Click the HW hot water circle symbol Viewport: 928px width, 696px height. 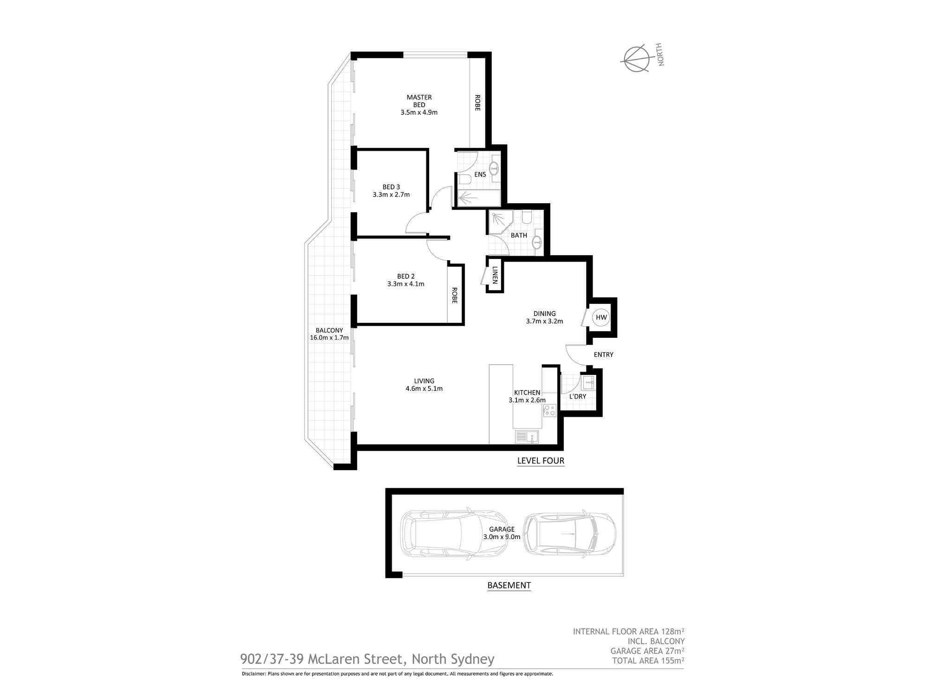[x=601, y=317]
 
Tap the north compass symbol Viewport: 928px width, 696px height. [x=635, y=59]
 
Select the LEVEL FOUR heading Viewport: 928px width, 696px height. [x=541, y=461]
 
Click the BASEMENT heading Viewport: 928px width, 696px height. [x=509, y=585]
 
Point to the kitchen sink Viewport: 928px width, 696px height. [x=527, y=437]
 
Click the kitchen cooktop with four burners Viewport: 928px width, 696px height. [x=550, y=411]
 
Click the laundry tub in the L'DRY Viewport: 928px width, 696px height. [x=588, y=383]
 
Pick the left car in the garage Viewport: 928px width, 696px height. [x=454, y=534]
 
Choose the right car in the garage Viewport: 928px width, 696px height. [x=569, y=534]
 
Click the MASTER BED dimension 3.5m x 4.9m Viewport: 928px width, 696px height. [x=419, y=112]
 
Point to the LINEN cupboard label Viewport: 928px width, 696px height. [x=495, y=275]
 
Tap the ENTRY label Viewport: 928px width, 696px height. [x=604, y=354]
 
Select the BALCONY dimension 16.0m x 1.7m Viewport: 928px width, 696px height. [x=329, y=338]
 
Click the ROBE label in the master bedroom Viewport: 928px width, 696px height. [x=477, y=103]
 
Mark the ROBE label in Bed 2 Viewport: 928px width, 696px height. [x=454, y=296]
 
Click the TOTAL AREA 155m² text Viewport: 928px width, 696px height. [x=648, y=660]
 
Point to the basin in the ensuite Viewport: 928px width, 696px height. [x=495, y=168]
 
